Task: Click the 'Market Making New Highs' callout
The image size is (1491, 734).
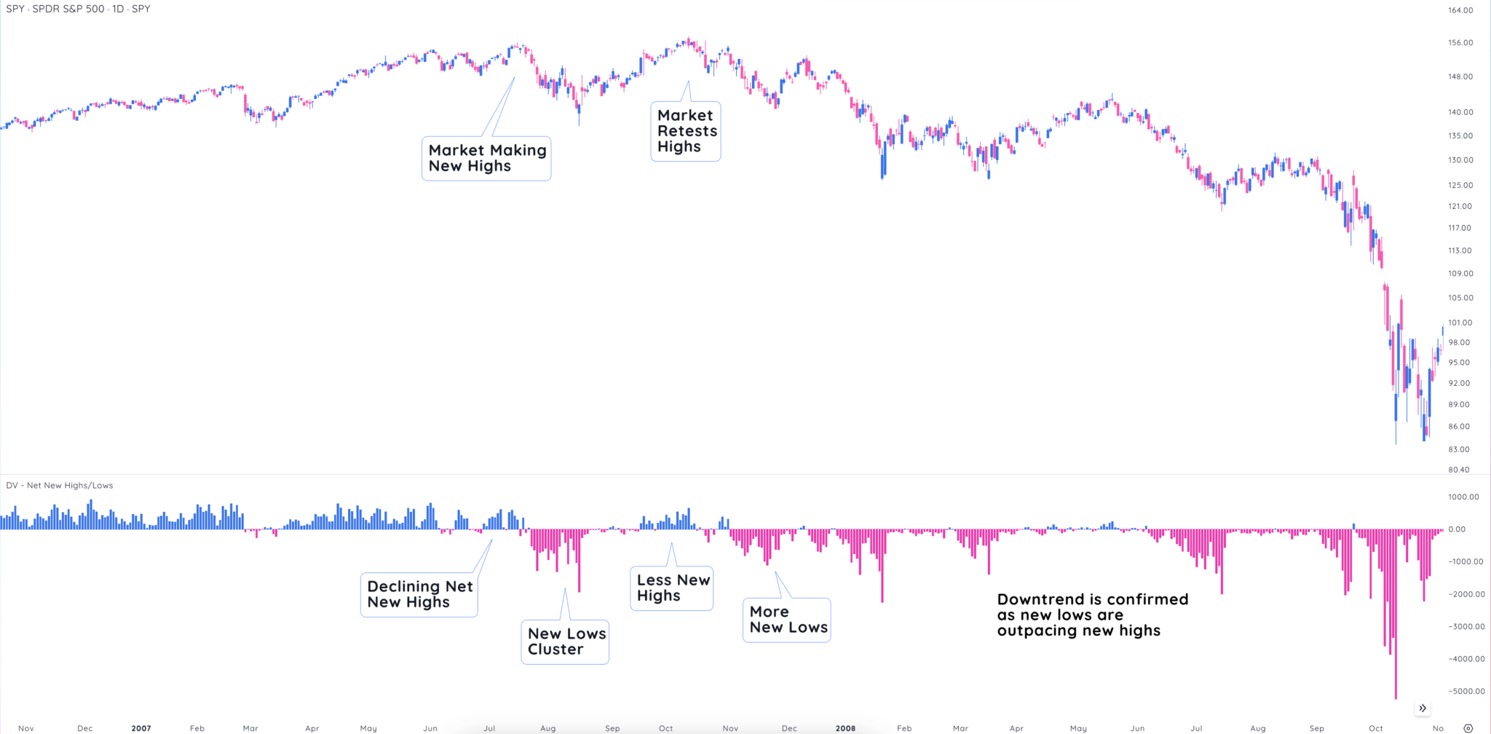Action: tap(486, 158)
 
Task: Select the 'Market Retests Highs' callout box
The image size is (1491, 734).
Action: tap(686, 131)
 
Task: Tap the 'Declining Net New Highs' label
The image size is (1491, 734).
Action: tap(419, 594)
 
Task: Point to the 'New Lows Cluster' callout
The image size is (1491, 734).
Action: tap(566, 642)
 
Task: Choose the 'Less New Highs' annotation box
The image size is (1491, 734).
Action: tap(672, 588)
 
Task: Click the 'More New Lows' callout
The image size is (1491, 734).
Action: tap(787, 620)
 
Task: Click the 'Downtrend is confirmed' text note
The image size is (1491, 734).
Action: tap(1092, 615)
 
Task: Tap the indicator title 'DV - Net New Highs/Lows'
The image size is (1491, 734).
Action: tap(60, 486)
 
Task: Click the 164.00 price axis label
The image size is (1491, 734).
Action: tap(1460, 10)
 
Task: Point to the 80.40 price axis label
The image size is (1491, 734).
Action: tap(1459, 470)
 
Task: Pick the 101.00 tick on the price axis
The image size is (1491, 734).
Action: tap(1460, 323)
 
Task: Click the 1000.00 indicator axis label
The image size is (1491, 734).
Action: tap(1463, 497)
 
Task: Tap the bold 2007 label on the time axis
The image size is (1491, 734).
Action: tap(141, 728)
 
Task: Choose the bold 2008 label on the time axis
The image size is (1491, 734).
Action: tap(845, 728)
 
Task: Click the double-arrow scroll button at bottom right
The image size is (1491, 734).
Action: tap(1423, 709)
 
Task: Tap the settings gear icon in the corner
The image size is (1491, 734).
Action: tap(1468, 728)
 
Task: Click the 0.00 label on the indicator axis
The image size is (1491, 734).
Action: tap(1457, 529)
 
